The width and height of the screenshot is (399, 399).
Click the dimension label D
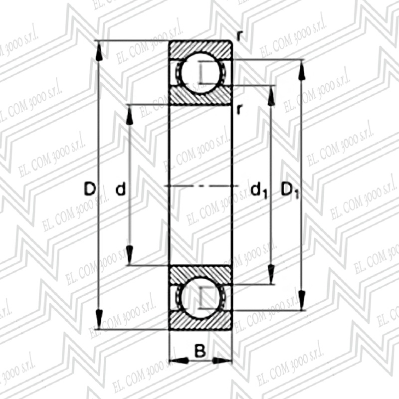click(x=90, y=189)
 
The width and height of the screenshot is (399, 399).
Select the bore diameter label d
click(x=121, y=189)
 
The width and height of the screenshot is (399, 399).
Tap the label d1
click(x=259, y=191)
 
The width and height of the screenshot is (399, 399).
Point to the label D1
click(x=290, y=191)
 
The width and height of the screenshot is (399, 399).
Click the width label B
click(x=200, y=351)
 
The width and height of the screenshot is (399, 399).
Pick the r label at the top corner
click(x=239, y=36)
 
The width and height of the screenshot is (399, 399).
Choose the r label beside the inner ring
click(x=239, y=109)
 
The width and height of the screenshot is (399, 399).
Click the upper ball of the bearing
click(x=200, y=73)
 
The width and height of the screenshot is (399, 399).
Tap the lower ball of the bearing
click(x=200, y=298)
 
